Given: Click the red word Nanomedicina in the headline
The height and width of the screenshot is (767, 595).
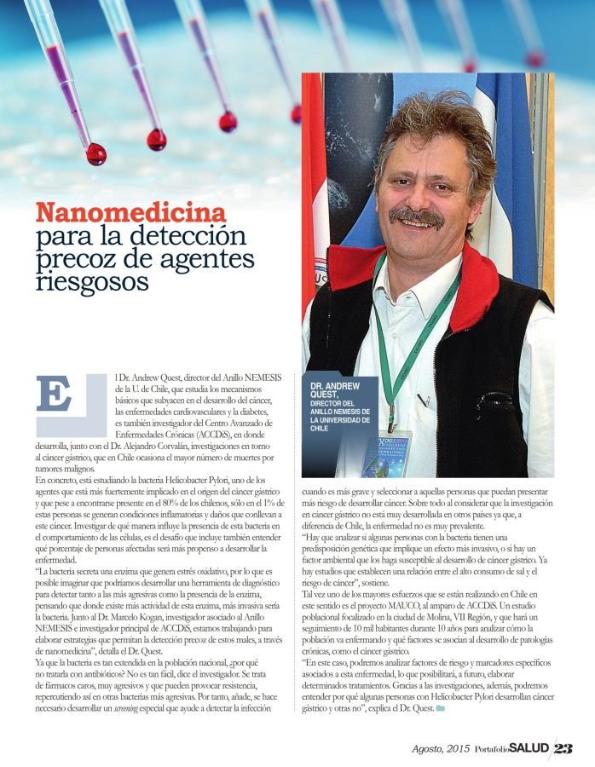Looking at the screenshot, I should pos(130,212).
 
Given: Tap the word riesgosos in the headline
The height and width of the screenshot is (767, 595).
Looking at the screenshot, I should pos(92,280).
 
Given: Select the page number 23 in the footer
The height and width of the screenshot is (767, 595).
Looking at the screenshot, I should pos(563,748).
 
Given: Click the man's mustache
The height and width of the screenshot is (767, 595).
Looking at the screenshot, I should pos(416,216).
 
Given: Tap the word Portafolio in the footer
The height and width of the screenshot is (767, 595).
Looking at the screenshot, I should pos(492,749).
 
